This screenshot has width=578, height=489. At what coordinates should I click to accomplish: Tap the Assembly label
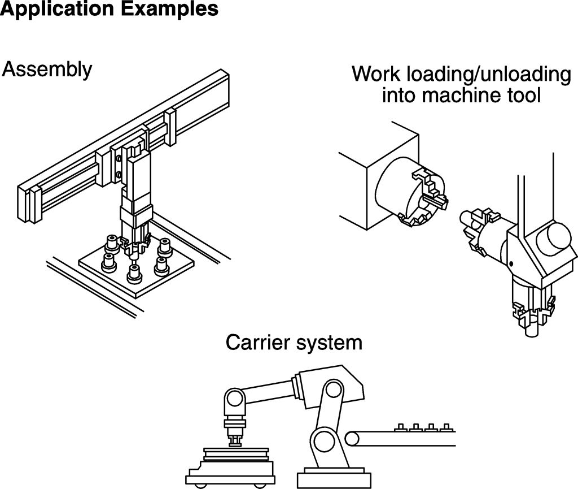[x=47, y=70]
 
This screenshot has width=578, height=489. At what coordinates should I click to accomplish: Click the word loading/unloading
[x=488, y=74]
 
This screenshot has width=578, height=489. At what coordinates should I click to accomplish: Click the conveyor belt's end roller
[x=352, y=439]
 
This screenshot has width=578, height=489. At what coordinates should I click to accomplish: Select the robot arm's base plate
[x=334, y=478]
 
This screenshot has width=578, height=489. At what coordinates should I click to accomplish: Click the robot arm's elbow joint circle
[x=333, y=389]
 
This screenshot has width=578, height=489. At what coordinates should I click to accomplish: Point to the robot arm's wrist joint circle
[x=234, y=398]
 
